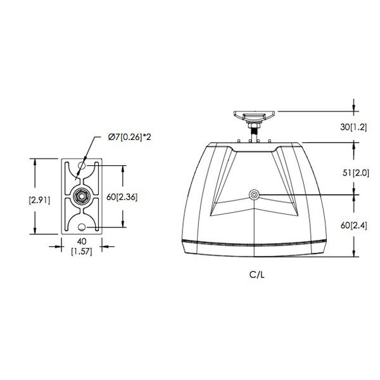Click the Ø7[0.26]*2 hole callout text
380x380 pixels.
[x=129, y=137]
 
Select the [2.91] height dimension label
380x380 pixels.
[x=39, y=200]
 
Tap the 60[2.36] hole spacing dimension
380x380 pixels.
[x=122, y=197]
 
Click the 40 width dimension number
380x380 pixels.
[x=82, y=241]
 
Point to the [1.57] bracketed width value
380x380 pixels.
[x=82, y=252]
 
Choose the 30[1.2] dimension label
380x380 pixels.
[x=353, y=127]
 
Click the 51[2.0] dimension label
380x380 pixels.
[x=356, y=173]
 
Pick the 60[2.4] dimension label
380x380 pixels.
[x=354, y=225]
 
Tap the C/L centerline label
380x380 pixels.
[x=257, y=275]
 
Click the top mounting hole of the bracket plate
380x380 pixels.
[x=82, y=166]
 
